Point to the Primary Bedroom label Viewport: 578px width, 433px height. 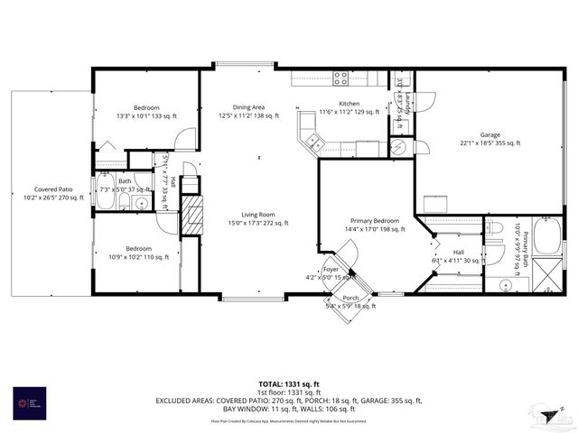coord(374,220)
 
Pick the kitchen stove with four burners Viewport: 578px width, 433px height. coord(341,78)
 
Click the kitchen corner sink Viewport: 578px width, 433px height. coord(312,141)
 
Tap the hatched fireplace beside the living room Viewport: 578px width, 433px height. coord(191,216)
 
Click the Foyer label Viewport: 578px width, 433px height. coord(331,268)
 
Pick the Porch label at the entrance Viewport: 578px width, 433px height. coord(350,298)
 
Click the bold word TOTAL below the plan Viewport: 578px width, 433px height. coord(272,383)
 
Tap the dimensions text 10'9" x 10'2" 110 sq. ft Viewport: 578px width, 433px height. coord(138,257)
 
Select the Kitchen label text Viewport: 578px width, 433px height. coord(350,104)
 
